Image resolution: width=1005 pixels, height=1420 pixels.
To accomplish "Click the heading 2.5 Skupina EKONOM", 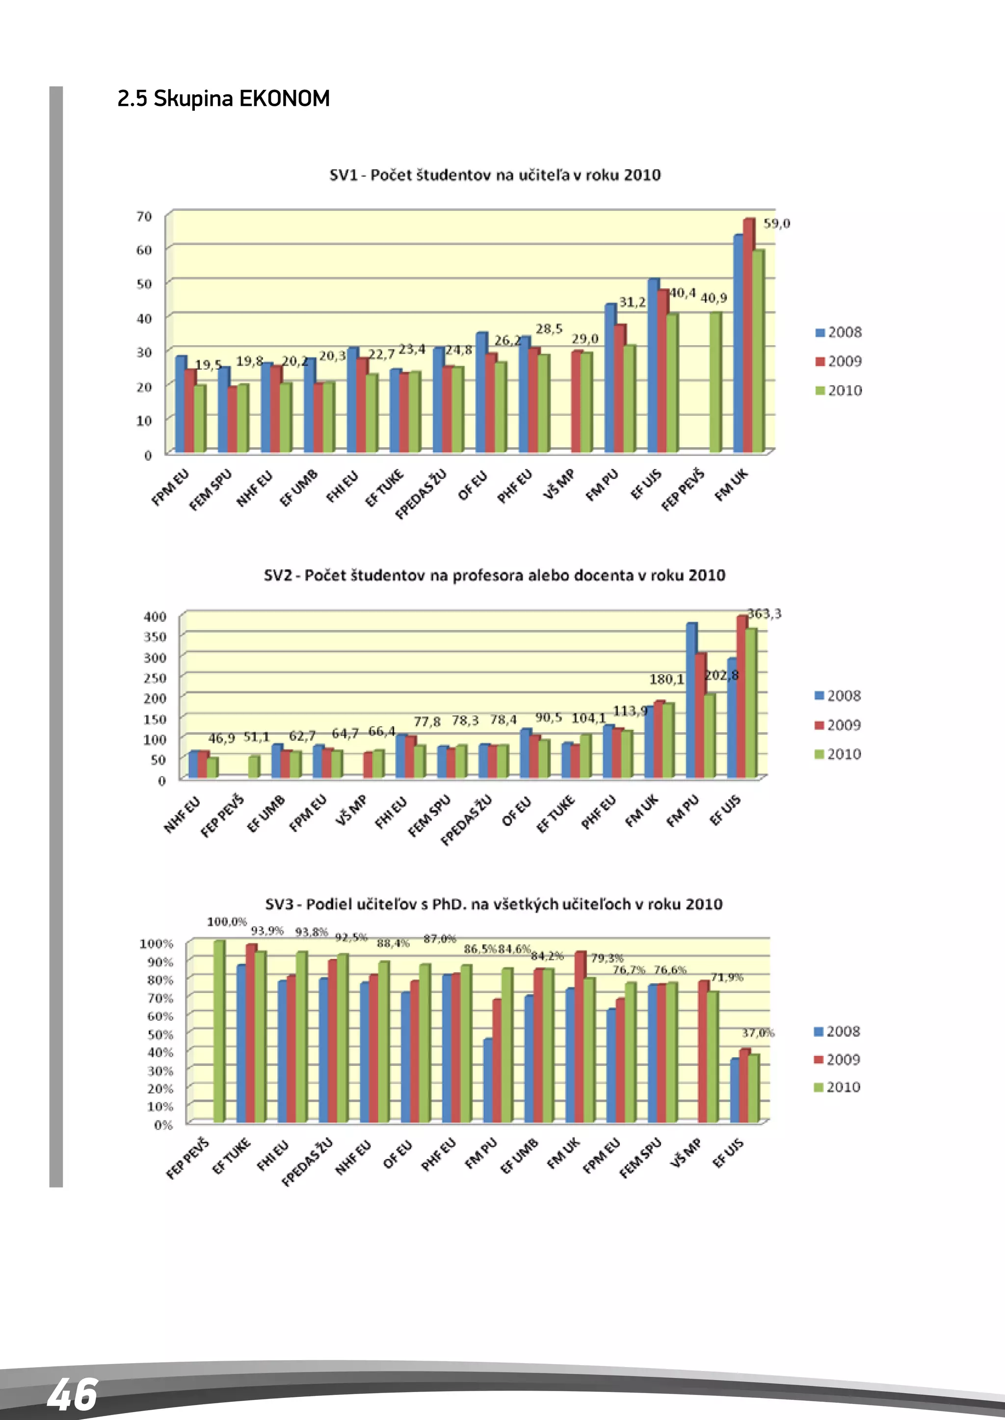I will (223, 99).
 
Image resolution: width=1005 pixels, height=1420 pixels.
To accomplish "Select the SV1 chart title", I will (495, 175).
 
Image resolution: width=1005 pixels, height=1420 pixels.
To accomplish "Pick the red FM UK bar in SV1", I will (748, 334).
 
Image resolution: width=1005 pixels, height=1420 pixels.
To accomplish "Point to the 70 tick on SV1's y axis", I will (144, 216).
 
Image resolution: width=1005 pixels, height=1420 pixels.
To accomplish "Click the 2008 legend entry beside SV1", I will (839, 332).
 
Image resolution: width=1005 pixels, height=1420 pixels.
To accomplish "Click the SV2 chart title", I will (495, 575).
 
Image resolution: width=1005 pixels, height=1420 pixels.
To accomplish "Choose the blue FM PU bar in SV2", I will (691, 699).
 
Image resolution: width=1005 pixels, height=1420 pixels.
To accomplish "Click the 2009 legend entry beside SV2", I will (838, 725).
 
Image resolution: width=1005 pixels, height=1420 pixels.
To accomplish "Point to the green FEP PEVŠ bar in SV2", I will (253, 767).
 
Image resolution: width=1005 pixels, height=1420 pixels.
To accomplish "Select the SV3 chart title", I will (494, 904).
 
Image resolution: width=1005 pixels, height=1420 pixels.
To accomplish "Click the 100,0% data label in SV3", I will (227, 922).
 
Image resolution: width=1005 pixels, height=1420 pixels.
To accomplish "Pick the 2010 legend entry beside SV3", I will (837, 1087).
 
